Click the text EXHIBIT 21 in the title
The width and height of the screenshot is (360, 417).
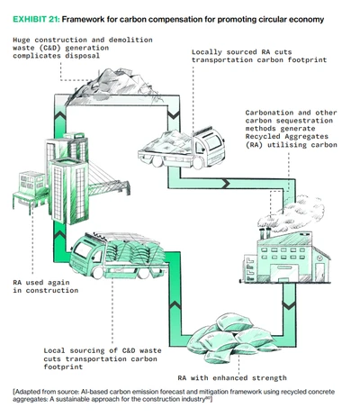36,20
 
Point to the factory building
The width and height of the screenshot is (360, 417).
285,257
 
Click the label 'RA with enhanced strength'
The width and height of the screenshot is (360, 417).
232,377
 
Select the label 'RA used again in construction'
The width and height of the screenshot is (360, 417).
46,286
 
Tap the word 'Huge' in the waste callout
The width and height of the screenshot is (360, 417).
22,40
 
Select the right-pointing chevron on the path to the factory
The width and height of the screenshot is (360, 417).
226,183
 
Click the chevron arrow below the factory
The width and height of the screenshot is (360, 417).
289,305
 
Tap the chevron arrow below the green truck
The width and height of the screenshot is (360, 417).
175,305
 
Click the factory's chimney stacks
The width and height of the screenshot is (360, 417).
265,233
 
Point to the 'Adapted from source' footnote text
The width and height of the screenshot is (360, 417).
174,395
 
